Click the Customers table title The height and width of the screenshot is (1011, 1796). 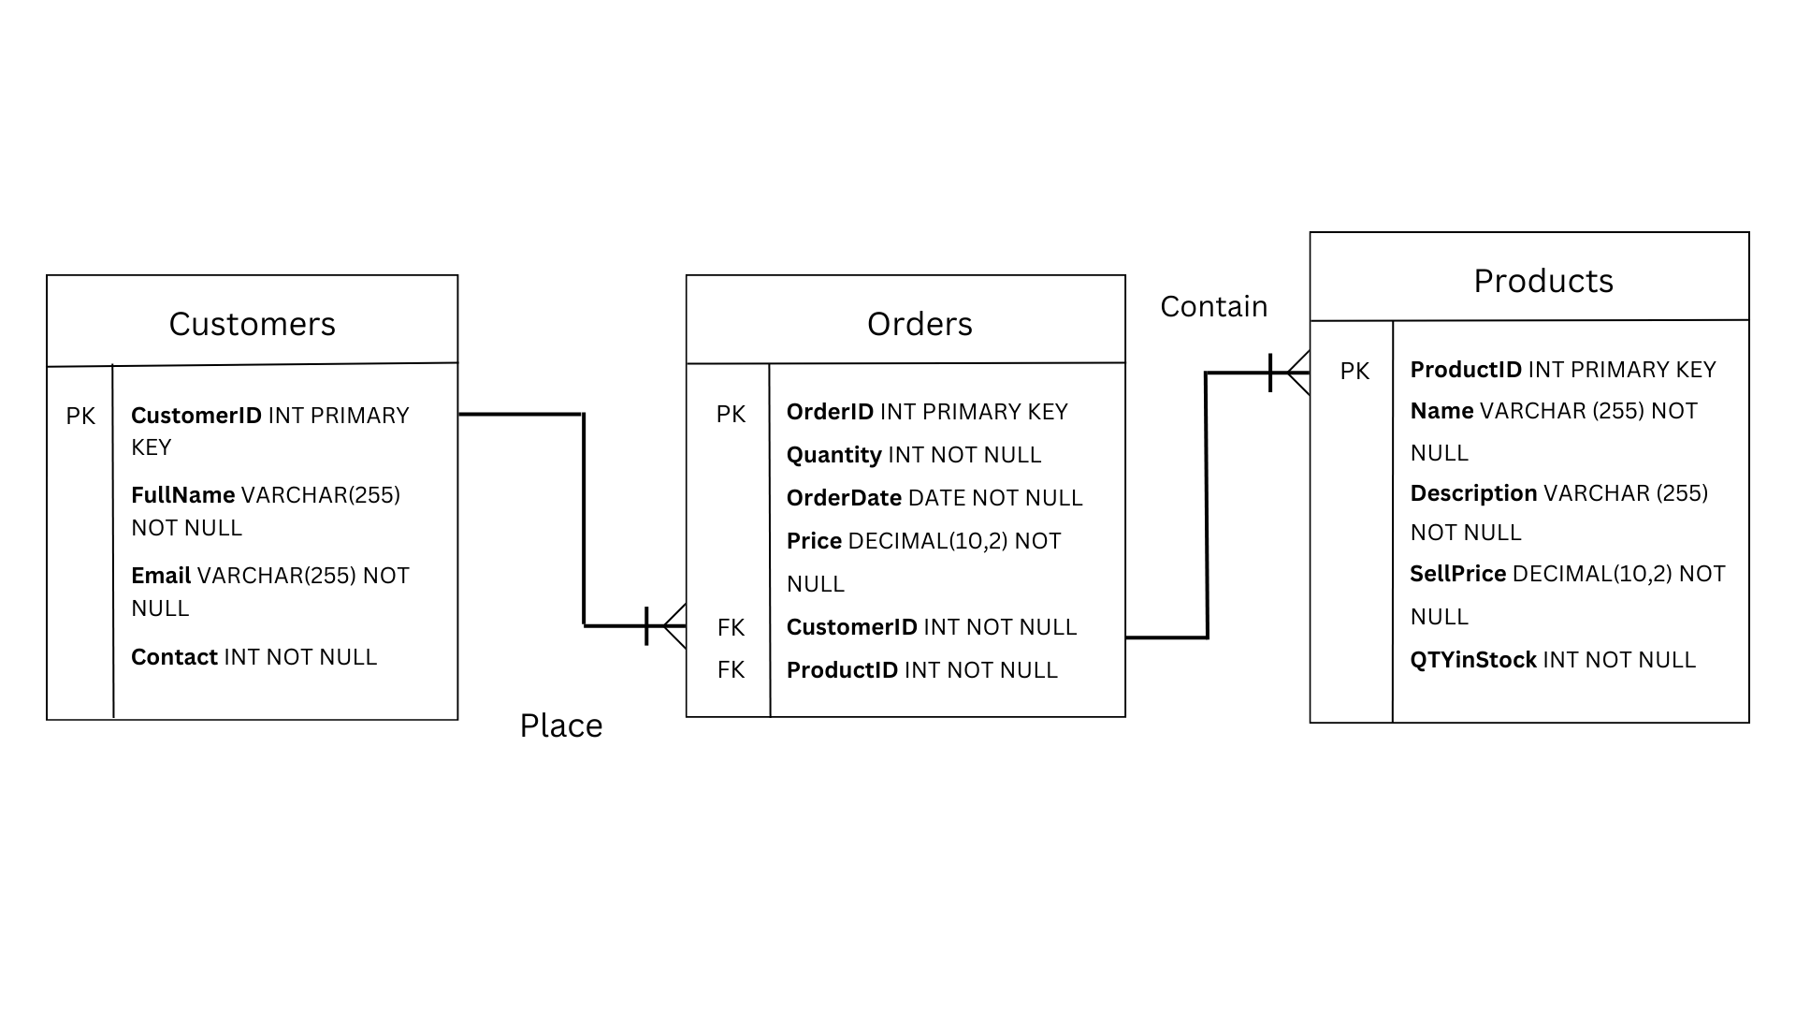coord(252,324)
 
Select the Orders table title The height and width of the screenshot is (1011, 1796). coord(920,324)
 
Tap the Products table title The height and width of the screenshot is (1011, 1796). coord(1543,281)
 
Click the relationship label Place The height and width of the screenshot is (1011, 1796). coord(561,725)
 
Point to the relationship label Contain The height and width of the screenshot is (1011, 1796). coord(1213,306)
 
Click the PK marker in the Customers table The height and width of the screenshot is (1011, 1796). coord(80,417)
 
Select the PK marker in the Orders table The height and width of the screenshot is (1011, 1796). coord(731,414)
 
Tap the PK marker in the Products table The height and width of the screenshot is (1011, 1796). coord(1354,372)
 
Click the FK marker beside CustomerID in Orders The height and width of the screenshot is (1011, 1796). coord(731,627)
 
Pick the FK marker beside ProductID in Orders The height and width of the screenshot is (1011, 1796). coord(731,669)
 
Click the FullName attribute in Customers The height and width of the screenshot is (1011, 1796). coord(183,495)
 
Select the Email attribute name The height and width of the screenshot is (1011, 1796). coord(161,576)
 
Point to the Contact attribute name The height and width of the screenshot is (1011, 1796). coord(174,657)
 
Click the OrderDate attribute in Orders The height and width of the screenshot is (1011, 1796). coord(844,498)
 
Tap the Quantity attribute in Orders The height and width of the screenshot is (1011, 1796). coord(833,455)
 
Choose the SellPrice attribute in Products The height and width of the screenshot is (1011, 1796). coord(1457,574)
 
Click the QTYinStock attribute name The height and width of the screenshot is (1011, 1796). coord(1472,660)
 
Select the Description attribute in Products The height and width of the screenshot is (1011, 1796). coord(1473,493)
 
